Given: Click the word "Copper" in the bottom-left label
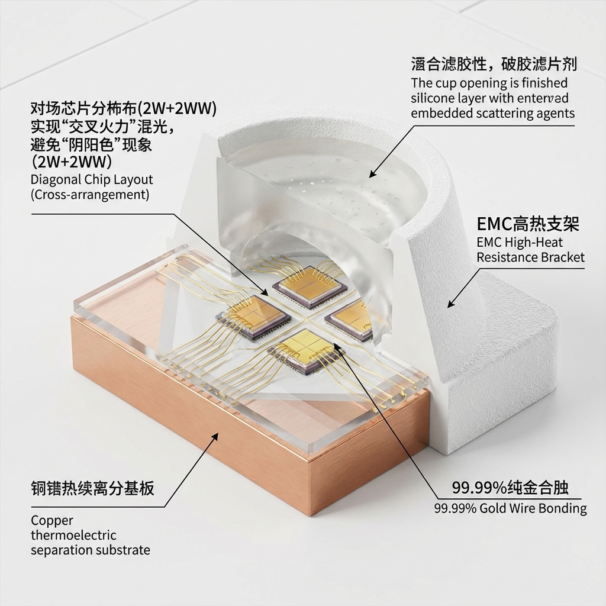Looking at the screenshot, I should (x=52, y=521).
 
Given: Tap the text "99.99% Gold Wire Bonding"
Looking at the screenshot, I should (x=510, y=508).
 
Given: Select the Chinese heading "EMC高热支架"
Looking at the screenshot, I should (x=528, y=224).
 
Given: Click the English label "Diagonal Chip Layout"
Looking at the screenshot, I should (x=92, y=180).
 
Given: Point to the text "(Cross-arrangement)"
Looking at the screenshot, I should (x=90, y=195).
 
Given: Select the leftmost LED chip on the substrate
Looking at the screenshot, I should (x=253, y=317).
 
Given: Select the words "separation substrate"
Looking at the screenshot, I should (x=90, y=550).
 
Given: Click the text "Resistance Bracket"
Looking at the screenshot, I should (x=530, y=257).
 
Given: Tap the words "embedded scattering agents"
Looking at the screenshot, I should (x=492, y=114).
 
